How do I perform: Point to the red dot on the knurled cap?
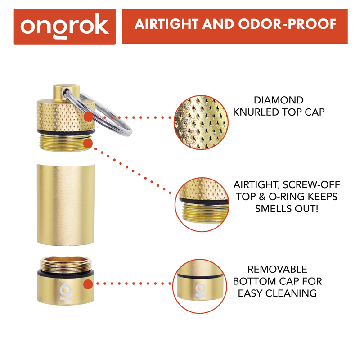(x=88, y=117)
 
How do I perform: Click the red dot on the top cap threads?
(x=88, y=143)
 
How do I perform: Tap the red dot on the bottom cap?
(x=88, y=284)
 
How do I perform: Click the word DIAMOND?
(x=279, y=100)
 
